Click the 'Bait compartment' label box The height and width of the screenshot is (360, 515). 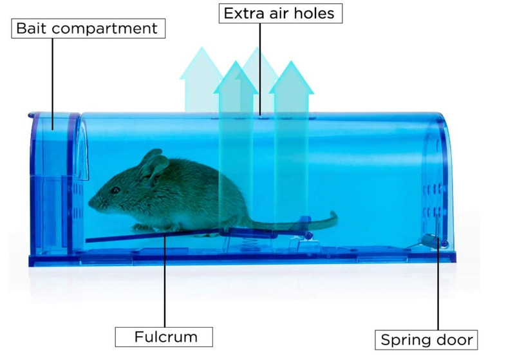(88, 28)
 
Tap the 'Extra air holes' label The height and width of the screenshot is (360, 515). (281, 14)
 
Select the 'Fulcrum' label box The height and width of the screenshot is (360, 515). (164, 337)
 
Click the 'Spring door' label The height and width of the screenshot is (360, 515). (426, 340)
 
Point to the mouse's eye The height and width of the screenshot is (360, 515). (115, 190)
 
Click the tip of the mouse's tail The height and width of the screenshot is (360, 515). (333, 214)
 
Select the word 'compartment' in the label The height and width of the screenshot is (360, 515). (104, 29)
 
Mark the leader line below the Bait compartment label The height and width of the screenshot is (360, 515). (53, 84)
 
